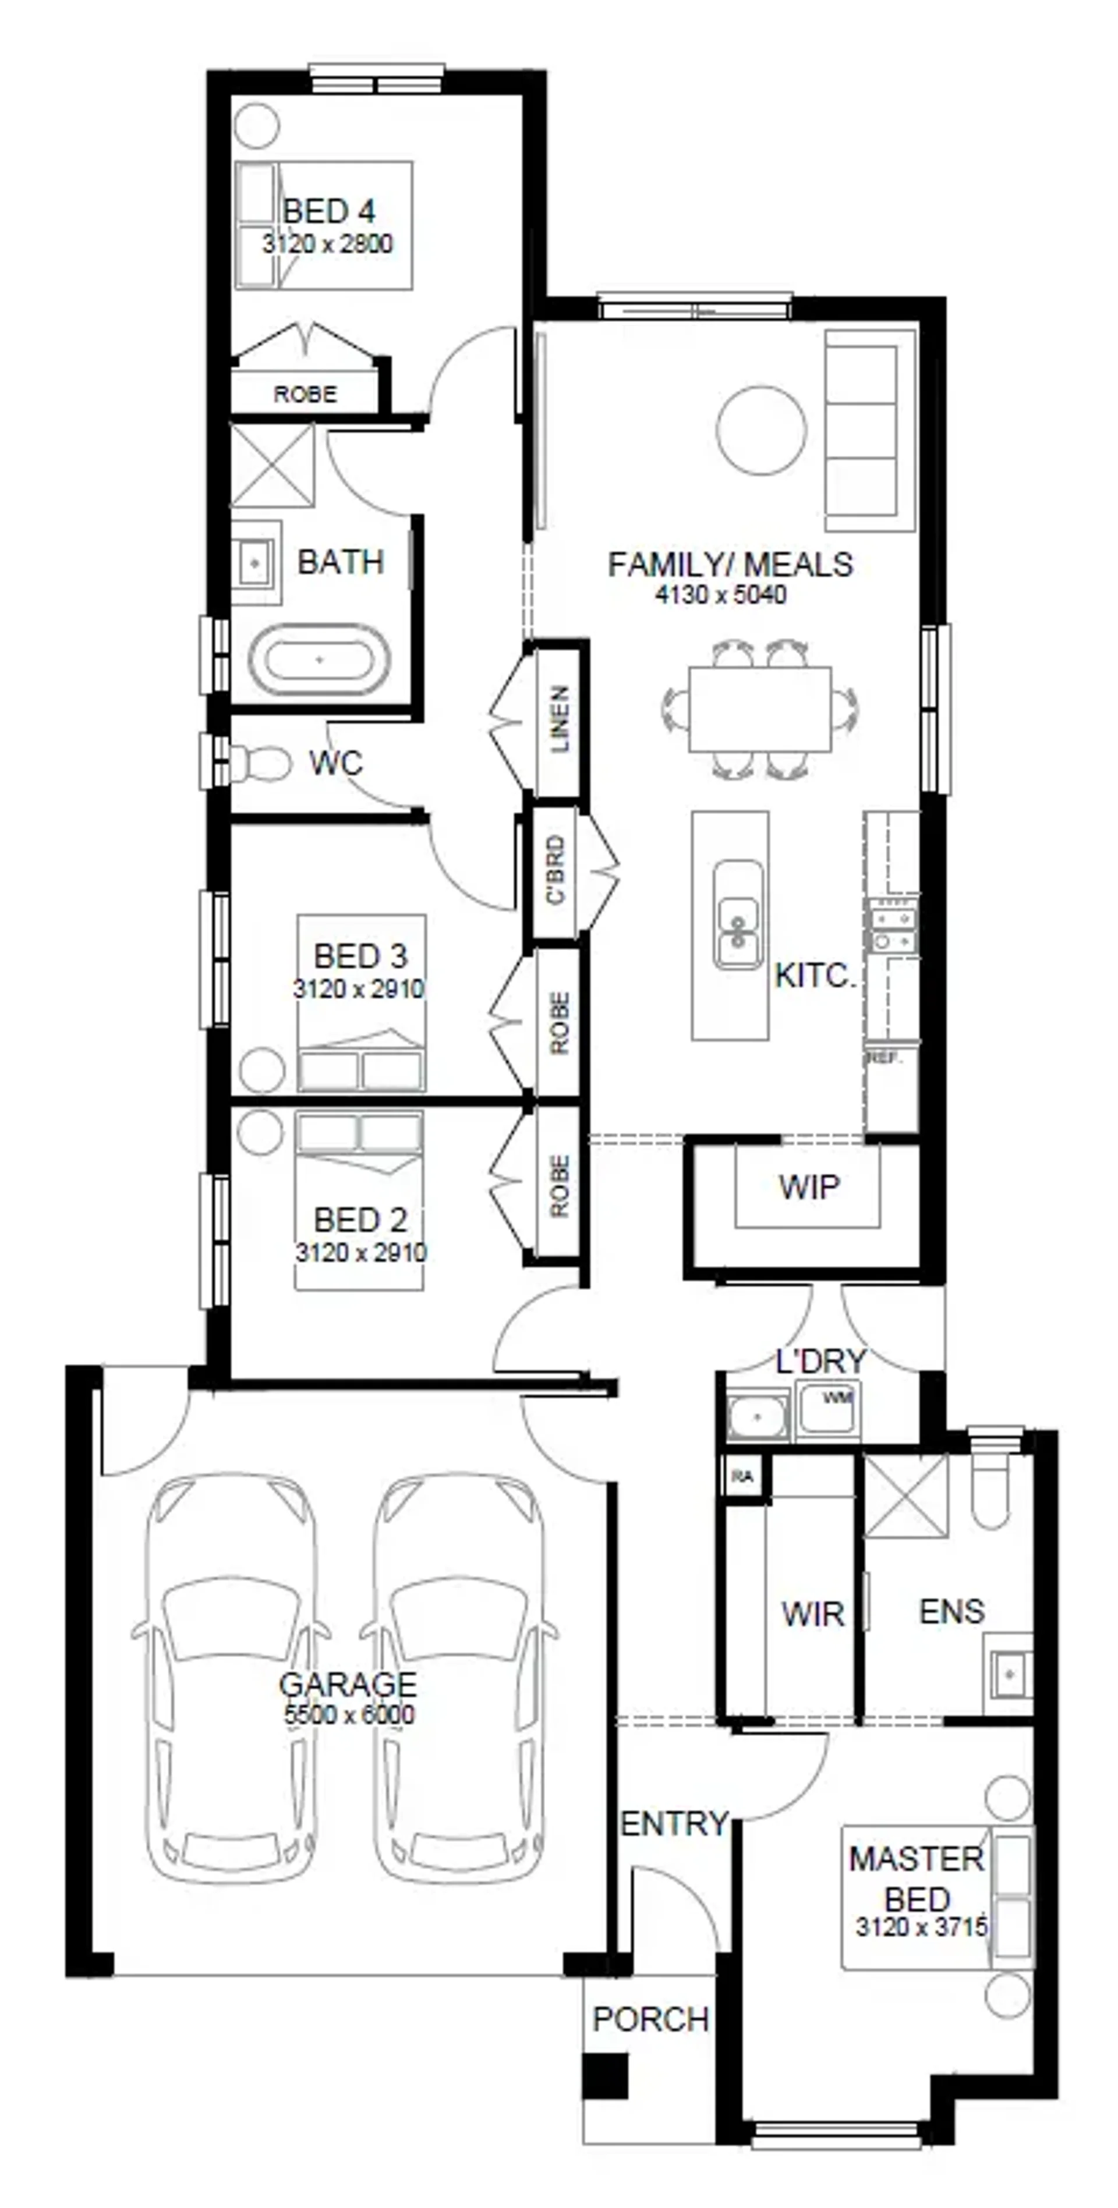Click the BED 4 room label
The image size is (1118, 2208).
(328, 211)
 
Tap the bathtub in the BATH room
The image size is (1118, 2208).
(319, 659)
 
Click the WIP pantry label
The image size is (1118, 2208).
(808, 1187)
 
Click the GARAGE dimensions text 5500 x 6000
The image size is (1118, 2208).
(349, 1714)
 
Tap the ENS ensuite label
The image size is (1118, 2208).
(951, 1611)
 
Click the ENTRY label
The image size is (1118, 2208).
(674, 1823)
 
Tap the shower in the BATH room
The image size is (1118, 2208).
(273, 466)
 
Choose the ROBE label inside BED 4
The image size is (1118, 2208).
(305, 394)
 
